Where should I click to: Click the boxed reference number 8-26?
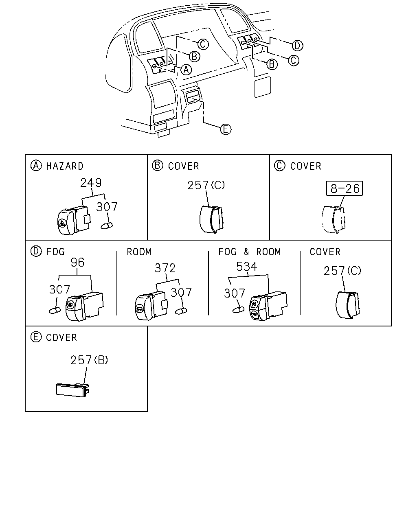point(344,188)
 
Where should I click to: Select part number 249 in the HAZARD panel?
point(91,182)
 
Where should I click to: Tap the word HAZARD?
point(65,166)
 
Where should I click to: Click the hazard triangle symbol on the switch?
point(62,223)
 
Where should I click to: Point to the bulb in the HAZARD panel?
point(107,225)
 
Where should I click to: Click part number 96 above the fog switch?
point(77,263)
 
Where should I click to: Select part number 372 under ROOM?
point(165,268)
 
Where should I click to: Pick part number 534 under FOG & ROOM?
point(246,267)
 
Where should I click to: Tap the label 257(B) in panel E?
point(89,360)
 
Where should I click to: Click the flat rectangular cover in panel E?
point(72,390)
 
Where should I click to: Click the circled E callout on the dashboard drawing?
point(226,129)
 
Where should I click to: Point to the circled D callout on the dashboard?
point(297,46)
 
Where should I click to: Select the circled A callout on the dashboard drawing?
point(186,70)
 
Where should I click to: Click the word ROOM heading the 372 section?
point(139,252)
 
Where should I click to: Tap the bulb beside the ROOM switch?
point(181,311)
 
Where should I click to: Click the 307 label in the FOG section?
point(59,289)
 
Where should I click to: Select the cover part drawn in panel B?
point(211,219)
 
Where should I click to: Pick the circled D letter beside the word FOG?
point(36,251)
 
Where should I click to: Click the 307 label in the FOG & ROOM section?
point(235,293)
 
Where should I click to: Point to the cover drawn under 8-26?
point(334,219)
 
